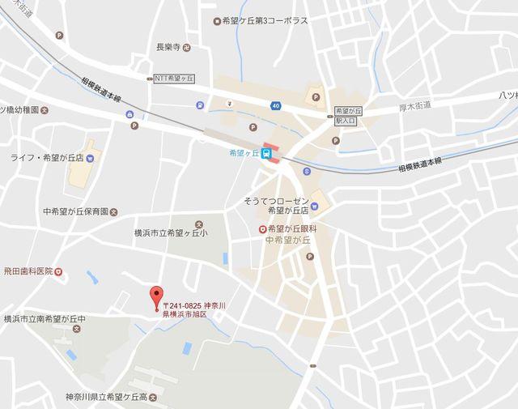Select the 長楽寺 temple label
(166, 47)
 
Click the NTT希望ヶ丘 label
(177, 79)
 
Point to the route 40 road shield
(276, 105)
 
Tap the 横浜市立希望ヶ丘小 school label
(171, 232)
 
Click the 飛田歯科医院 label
(27, 271)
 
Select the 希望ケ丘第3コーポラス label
(265, 21)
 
